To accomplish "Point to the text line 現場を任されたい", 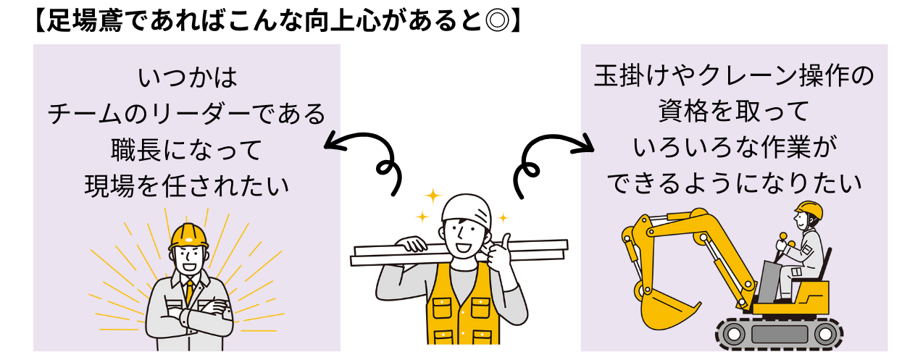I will click(187, 185).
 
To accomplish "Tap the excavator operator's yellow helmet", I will click(809, 211).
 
